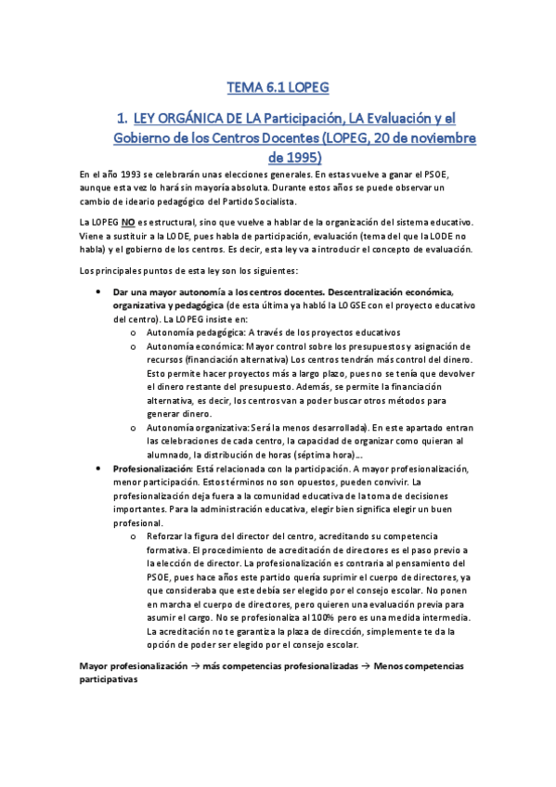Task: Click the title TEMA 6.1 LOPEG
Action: pyautogui.click(x=278, y=89)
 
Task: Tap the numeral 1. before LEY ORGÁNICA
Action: pyautogui.click(x=119, y=119)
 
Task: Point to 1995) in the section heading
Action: pyautogui.click(x=294, y=158)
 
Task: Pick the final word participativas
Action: pyautogui.click(x=109, y=679)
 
